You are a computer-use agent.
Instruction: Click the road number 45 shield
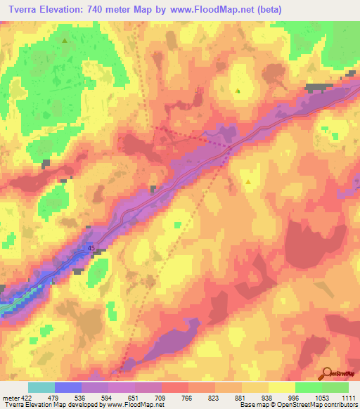(x=91, y=248)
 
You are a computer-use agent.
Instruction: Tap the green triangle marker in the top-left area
(x=65, y=40)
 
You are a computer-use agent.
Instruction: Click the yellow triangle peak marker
(x=248, y=181)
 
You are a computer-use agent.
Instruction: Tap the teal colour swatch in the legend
(x=41, y=387)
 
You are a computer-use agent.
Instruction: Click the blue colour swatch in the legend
(x=68, y=387)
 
